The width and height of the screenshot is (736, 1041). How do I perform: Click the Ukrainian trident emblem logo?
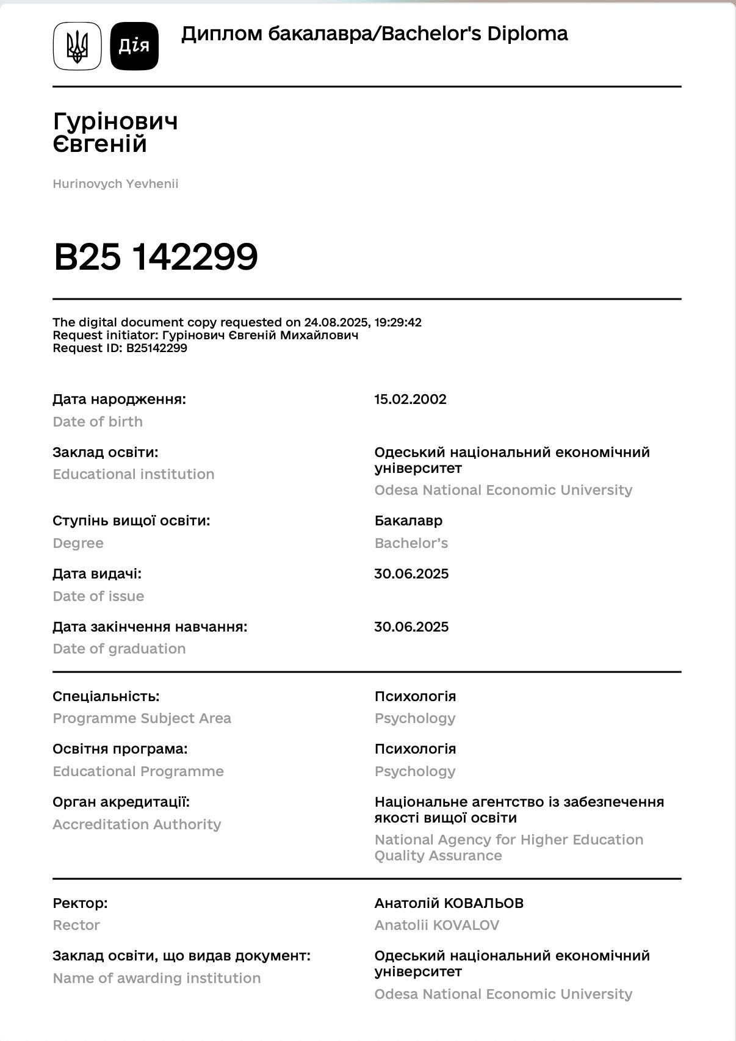pos(77,46)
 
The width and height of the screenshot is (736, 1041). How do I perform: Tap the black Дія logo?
pos(134,46)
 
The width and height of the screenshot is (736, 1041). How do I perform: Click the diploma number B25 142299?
pos(156,257)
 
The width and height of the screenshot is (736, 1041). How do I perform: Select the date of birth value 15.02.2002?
pos(410,399)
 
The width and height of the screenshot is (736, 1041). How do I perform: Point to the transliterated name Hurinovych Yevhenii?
pos(115,184)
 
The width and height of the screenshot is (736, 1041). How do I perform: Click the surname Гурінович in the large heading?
pos(115,121)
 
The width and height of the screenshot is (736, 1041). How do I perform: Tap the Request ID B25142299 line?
pos(120,348)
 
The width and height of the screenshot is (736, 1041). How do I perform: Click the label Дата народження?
pos(119,399)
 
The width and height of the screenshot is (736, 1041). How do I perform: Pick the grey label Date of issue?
pos(98,596)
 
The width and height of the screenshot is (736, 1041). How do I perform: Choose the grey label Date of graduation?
pos(119,649)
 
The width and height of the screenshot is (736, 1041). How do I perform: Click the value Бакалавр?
pos(408,520)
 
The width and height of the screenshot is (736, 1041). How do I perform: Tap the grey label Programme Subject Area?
pos(142,718)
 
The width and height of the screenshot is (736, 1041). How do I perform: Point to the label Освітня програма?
pos(120,749)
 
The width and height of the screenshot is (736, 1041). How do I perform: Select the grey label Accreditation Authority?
pos(137,824)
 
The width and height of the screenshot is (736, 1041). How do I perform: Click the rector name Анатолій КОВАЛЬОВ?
pos(449,903)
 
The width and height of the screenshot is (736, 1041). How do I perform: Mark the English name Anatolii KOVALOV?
pos(436,925)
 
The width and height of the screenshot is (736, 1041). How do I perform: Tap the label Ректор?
pos(80,903)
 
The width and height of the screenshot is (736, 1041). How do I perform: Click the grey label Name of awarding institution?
pos(156,978)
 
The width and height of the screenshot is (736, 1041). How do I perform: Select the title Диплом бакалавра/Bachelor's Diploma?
pos(374,34)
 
